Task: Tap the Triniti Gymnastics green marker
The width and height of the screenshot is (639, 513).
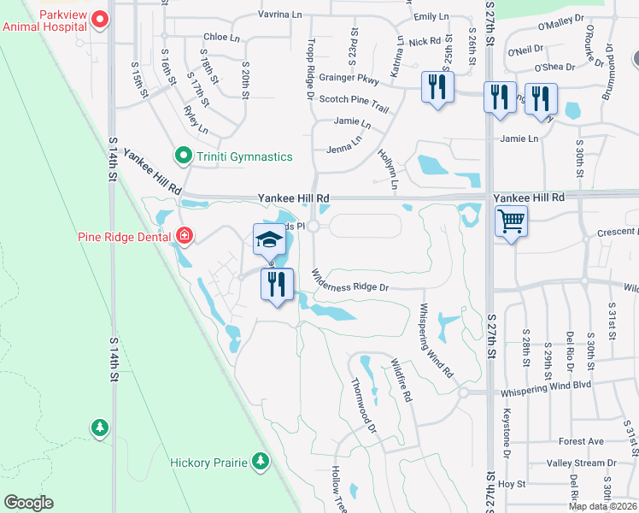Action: (182, 156)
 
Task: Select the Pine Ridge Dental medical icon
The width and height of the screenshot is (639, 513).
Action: (185, 235)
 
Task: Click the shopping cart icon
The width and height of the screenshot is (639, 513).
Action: (511, 222)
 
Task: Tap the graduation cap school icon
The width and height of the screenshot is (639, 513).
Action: (269, 239)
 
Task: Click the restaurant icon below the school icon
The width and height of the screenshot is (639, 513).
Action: (277, 285)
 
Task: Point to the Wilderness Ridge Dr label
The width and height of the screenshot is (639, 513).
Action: (350, 283)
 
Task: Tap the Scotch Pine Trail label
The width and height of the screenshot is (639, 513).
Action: (354, 99)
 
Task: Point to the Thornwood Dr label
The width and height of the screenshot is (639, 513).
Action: (364, 410)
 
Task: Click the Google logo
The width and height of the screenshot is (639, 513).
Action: (29, 502)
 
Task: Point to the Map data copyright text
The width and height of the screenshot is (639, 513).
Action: (601, 506)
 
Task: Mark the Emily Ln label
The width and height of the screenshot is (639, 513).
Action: (431, 16)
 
